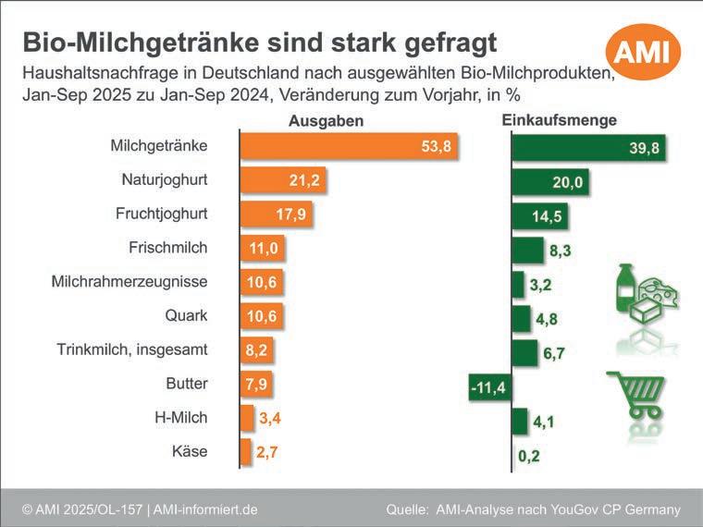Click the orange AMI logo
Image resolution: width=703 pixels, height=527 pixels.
(643, 52)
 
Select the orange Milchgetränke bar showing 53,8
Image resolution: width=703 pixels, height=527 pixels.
(349, 146)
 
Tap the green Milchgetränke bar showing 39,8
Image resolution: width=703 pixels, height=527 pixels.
(588, 147)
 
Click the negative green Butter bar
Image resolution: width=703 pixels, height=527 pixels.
(490, 387)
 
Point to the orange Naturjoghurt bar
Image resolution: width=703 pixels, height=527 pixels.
(283, 180)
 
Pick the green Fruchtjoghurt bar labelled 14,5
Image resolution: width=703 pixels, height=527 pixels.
(540, 216)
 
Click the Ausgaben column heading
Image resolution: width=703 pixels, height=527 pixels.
(326, 121)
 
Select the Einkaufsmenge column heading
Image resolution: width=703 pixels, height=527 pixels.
(559, 120)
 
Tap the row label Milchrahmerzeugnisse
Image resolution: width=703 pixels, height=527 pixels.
(129, 281)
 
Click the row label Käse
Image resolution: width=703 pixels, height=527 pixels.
(190, 451)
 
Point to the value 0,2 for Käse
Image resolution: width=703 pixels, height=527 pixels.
(529, 456)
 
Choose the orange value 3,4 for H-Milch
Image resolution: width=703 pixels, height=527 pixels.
(270, 418)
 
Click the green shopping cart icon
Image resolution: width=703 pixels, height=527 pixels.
(636, 395)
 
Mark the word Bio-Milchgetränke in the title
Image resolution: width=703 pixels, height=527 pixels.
(141, 43)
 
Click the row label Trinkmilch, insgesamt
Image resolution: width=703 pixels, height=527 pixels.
(132, 349)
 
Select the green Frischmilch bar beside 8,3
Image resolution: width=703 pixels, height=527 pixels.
(527, 250)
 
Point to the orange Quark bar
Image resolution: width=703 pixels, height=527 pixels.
(262, 316)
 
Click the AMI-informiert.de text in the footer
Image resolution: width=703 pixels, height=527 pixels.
(205, 509)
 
